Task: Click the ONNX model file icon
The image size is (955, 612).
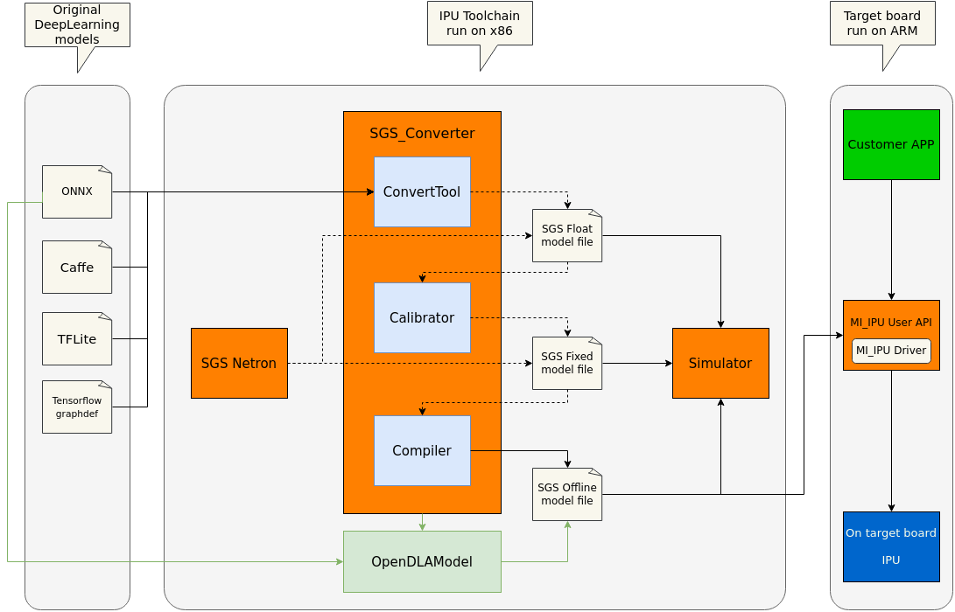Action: (x=77, y=191)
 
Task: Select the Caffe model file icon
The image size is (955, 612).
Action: (x=77, y=267)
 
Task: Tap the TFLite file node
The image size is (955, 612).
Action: (x=77, y=338)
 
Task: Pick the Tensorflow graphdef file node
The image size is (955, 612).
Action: (x=77, y=407)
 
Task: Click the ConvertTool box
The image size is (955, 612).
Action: (x=422, y=191)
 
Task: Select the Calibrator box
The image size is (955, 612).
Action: (x=422, y=317)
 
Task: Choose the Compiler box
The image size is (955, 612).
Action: (x=422, y=450)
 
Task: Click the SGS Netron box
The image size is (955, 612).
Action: (x=239, y=363)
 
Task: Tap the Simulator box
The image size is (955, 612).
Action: (x=720, y=363)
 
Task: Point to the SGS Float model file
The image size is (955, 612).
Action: (x=567, y=235)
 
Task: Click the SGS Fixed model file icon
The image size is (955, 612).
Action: (x=567, y=363)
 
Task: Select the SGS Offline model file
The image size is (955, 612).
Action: (x=567, y=494)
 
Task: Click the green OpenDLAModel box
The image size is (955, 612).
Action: (x=422, y=561)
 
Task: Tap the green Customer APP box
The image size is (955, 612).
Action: (x=891, y=144)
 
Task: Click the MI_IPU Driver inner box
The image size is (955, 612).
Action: (x=891, y=351)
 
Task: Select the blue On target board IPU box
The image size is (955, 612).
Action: (x=891, y=546)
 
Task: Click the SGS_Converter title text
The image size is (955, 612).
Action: (x=422, y=133)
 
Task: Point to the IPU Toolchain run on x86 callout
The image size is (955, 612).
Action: (x=480, y=24)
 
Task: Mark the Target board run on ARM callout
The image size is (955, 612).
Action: (x=882, y=24)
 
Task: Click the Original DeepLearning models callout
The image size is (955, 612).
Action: (x=77, y=24)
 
